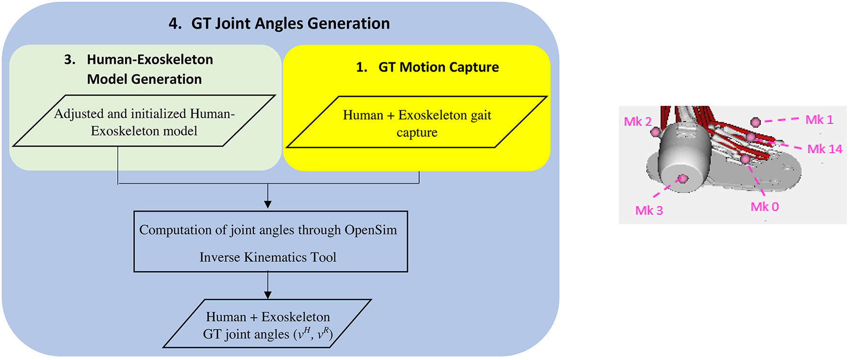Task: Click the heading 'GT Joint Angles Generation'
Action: pos(290,23)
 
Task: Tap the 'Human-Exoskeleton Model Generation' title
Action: pos(144,69)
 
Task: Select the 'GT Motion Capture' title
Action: pos(438,67)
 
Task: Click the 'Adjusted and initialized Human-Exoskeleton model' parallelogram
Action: pos(144,122)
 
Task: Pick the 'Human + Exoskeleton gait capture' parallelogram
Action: pos(417,123)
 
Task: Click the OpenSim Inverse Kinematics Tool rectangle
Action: pos(270,243)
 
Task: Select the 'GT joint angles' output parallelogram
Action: pos(267,325)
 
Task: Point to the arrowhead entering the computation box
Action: pos(268,204)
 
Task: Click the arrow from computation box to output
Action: pos(268,286)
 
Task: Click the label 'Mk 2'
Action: pos(637,122)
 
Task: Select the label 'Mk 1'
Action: pos(819,119)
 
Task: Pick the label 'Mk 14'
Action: pos(824,149)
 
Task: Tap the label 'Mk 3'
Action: pos(649,210)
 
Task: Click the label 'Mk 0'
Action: pos(764,207)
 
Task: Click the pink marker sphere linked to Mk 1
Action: pos(756,122)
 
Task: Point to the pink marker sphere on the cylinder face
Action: pos(684,179)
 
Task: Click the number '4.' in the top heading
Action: pos(175,23)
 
